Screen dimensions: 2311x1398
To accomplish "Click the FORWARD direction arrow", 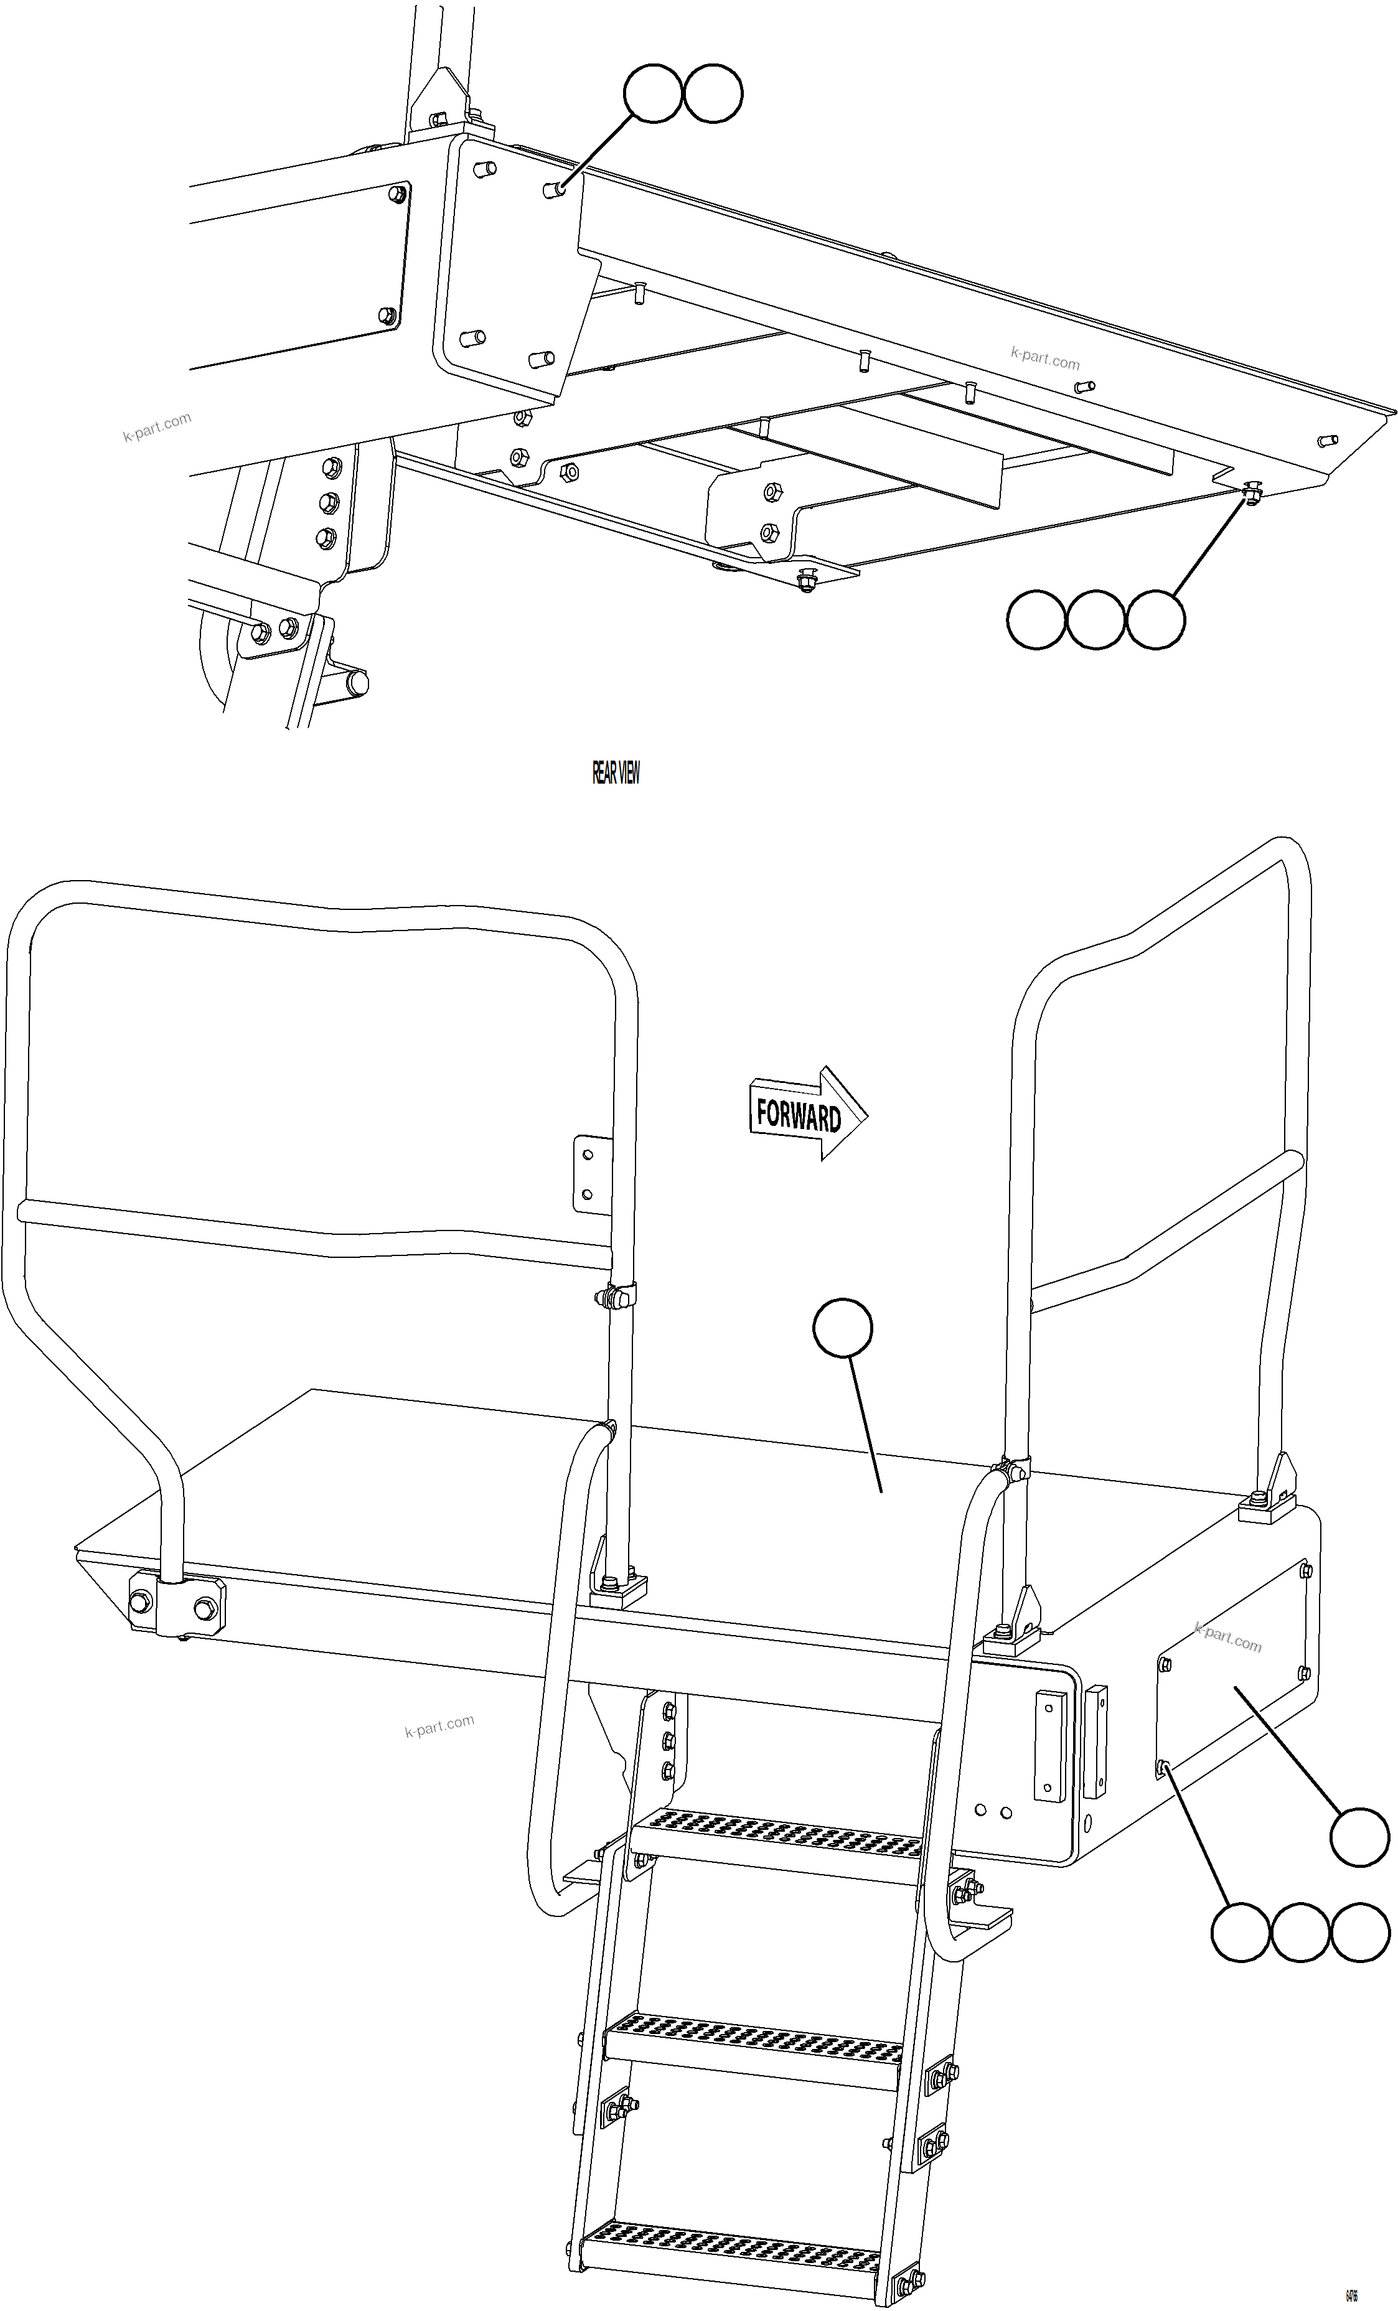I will pos(807,1114).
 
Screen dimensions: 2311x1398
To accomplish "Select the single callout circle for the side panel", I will pos(1359,1839).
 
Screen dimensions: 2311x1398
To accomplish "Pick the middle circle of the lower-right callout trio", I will pos(1300,1932).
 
